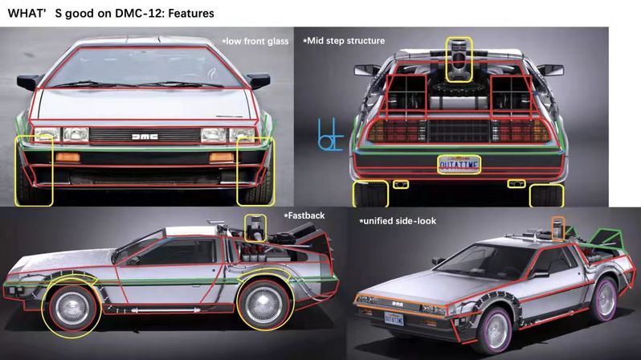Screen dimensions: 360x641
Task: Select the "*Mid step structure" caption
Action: [x=344, y=40]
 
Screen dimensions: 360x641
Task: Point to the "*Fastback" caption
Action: [x=302, y=216]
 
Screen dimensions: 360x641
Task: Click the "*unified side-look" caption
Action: [x=398, y=220]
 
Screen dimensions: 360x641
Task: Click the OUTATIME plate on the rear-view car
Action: [x=459, y=165]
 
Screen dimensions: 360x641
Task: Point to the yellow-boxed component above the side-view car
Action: [x=255, y=227]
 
